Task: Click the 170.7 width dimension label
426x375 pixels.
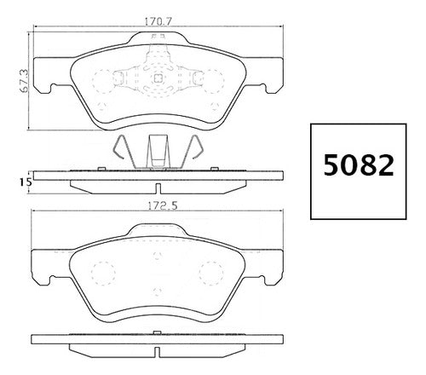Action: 159,21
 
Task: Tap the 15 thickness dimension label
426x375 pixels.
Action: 26,182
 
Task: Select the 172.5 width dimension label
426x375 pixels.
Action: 161,205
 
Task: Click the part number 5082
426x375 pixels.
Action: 359,165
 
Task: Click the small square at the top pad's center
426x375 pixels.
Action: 158,78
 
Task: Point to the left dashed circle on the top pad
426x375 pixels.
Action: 103,81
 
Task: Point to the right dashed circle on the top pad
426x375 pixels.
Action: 212,81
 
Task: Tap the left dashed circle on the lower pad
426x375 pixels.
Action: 104,273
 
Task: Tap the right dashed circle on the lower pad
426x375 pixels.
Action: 211,273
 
